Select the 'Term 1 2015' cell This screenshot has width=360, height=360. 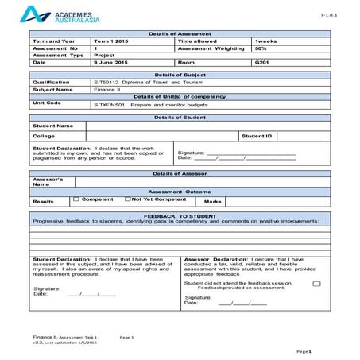pos(113,41)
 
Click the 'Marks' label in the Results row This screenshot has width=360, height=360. pos(213,202)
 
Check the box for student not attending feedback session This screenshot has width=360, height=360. pos(316,283)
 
